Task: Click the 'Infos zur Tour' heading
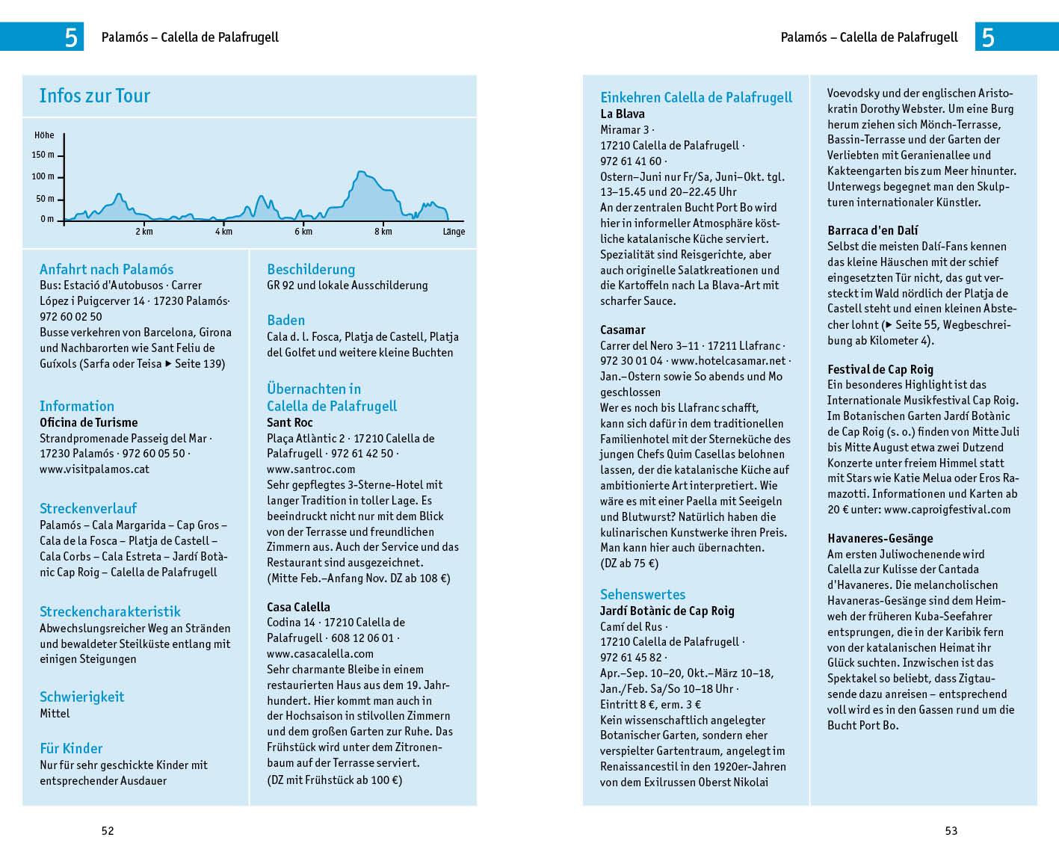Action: click(x=94, y=96)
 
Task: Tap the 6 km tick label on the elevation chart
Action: click(x=303, y=232)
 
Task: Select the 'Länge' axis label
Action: click(x=454, y=232)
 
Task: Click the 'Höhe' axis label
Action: click(x=44, y=135)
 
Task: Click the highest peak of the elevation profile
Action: click(x=360, y=173)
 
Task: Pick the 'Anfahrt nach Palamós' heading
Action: click(x=106, y=269)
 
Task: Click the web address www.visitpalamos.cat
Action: click(x=94, y=469)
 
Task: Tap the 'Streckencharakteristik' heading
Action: click(x=110, y=611)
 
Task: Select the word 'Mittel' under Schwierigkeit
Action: click(x=55, y=714)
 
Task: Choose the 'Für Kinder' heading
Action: click(x=71, y=748)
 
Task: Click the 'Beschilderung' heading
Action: click(x=311, y=269)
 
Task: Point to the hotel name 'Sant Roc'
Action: click(x=290, y=423)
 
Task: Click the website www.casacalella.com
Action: click(x=320, y=653)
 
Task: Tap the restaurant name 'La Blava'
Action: click(x=623, y=114)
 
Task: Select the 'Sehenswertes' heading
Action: click(x=643, y=594)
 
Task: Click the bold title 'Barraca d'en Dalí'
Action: click(x=873, y=230)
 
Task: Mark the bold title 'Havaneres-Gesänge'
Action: click(x=880, y=538)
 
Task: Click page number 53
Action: click(x=951, y=830)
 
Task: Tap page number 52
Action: click(x=108, y=830)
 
